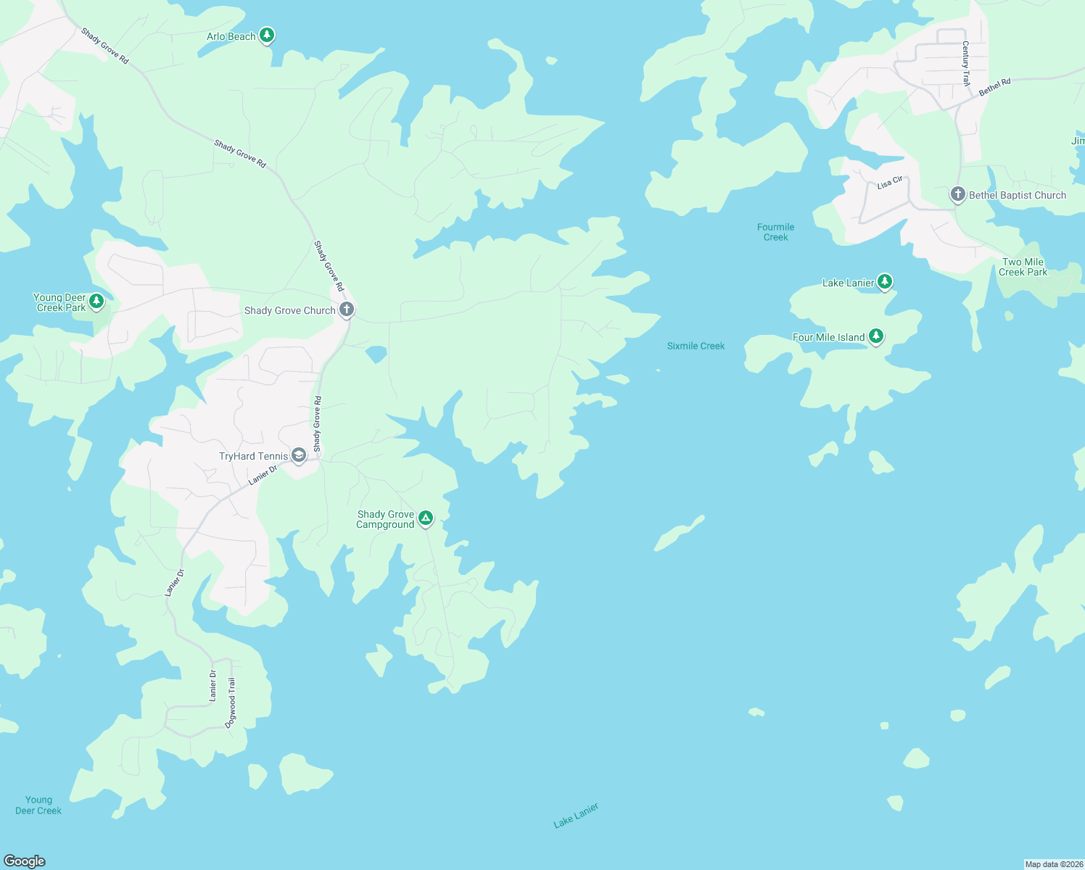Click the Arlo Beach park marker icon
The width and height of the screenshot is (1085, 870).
267,35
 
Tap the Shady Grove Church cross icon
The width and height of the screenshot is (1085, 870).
347,310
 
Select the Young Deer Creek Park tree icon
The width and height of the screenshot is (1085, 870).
96,301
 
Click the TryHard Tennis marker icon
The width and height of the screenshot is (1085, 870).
298,455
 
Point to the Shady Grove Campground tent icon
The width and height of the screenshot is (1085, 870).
426,518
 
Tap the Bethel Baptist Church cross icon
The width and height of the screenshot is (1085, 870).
957,194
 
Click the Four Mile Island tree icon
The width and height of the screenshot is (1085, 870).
876,336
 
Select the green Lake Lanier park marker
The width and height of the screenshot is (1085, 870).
884,281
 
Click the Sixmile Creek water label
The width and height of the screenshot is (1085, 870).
696,346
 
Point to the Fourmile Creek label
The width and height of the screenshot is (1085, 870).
775,232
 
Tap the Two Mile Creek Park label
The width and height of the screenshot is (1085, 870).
1023,267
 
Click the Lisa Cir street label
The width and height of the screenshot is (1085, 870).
889,183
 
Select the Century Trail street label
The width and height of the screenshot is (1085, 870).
965,64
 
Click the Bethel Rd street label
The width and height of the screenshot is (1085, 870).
994,88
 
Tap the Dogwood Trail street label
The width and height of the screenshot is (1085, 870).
231,703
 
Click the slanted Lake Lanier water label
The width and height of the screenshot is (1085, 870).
576,816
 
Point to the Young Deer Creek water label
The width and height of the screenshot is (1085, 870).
38,805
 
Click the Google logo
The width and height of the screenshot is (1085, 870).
25,861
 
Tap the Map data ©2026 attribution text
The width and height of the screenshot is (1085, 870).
1053,864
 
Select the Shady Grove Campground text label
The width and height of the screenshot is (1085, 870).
385,519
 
